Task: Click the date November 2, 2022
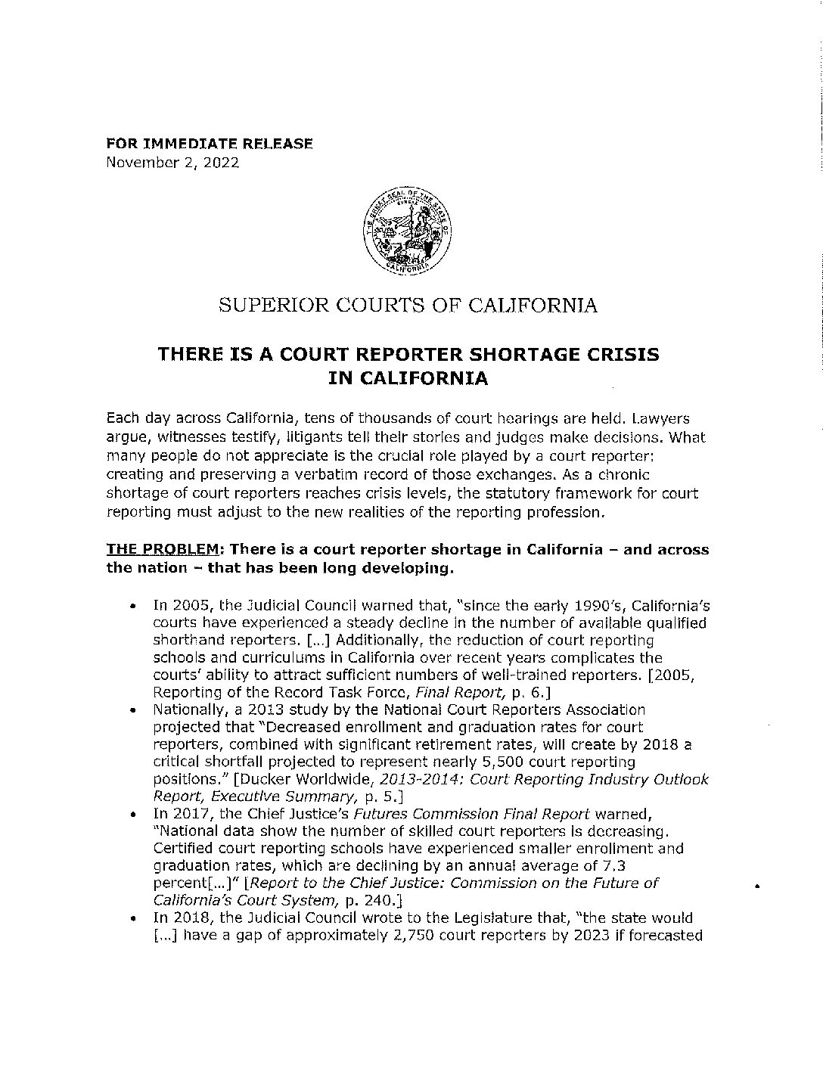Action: coord(174,162)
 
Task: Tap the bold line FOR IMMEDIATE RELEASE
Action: coord(210,144)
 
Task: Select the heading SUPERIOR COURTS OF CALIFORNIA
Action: coord(408,306)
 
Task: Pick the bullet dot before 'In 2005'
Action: coord(132,607)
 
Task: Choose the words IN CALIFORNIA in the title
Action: coord(408,378)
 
